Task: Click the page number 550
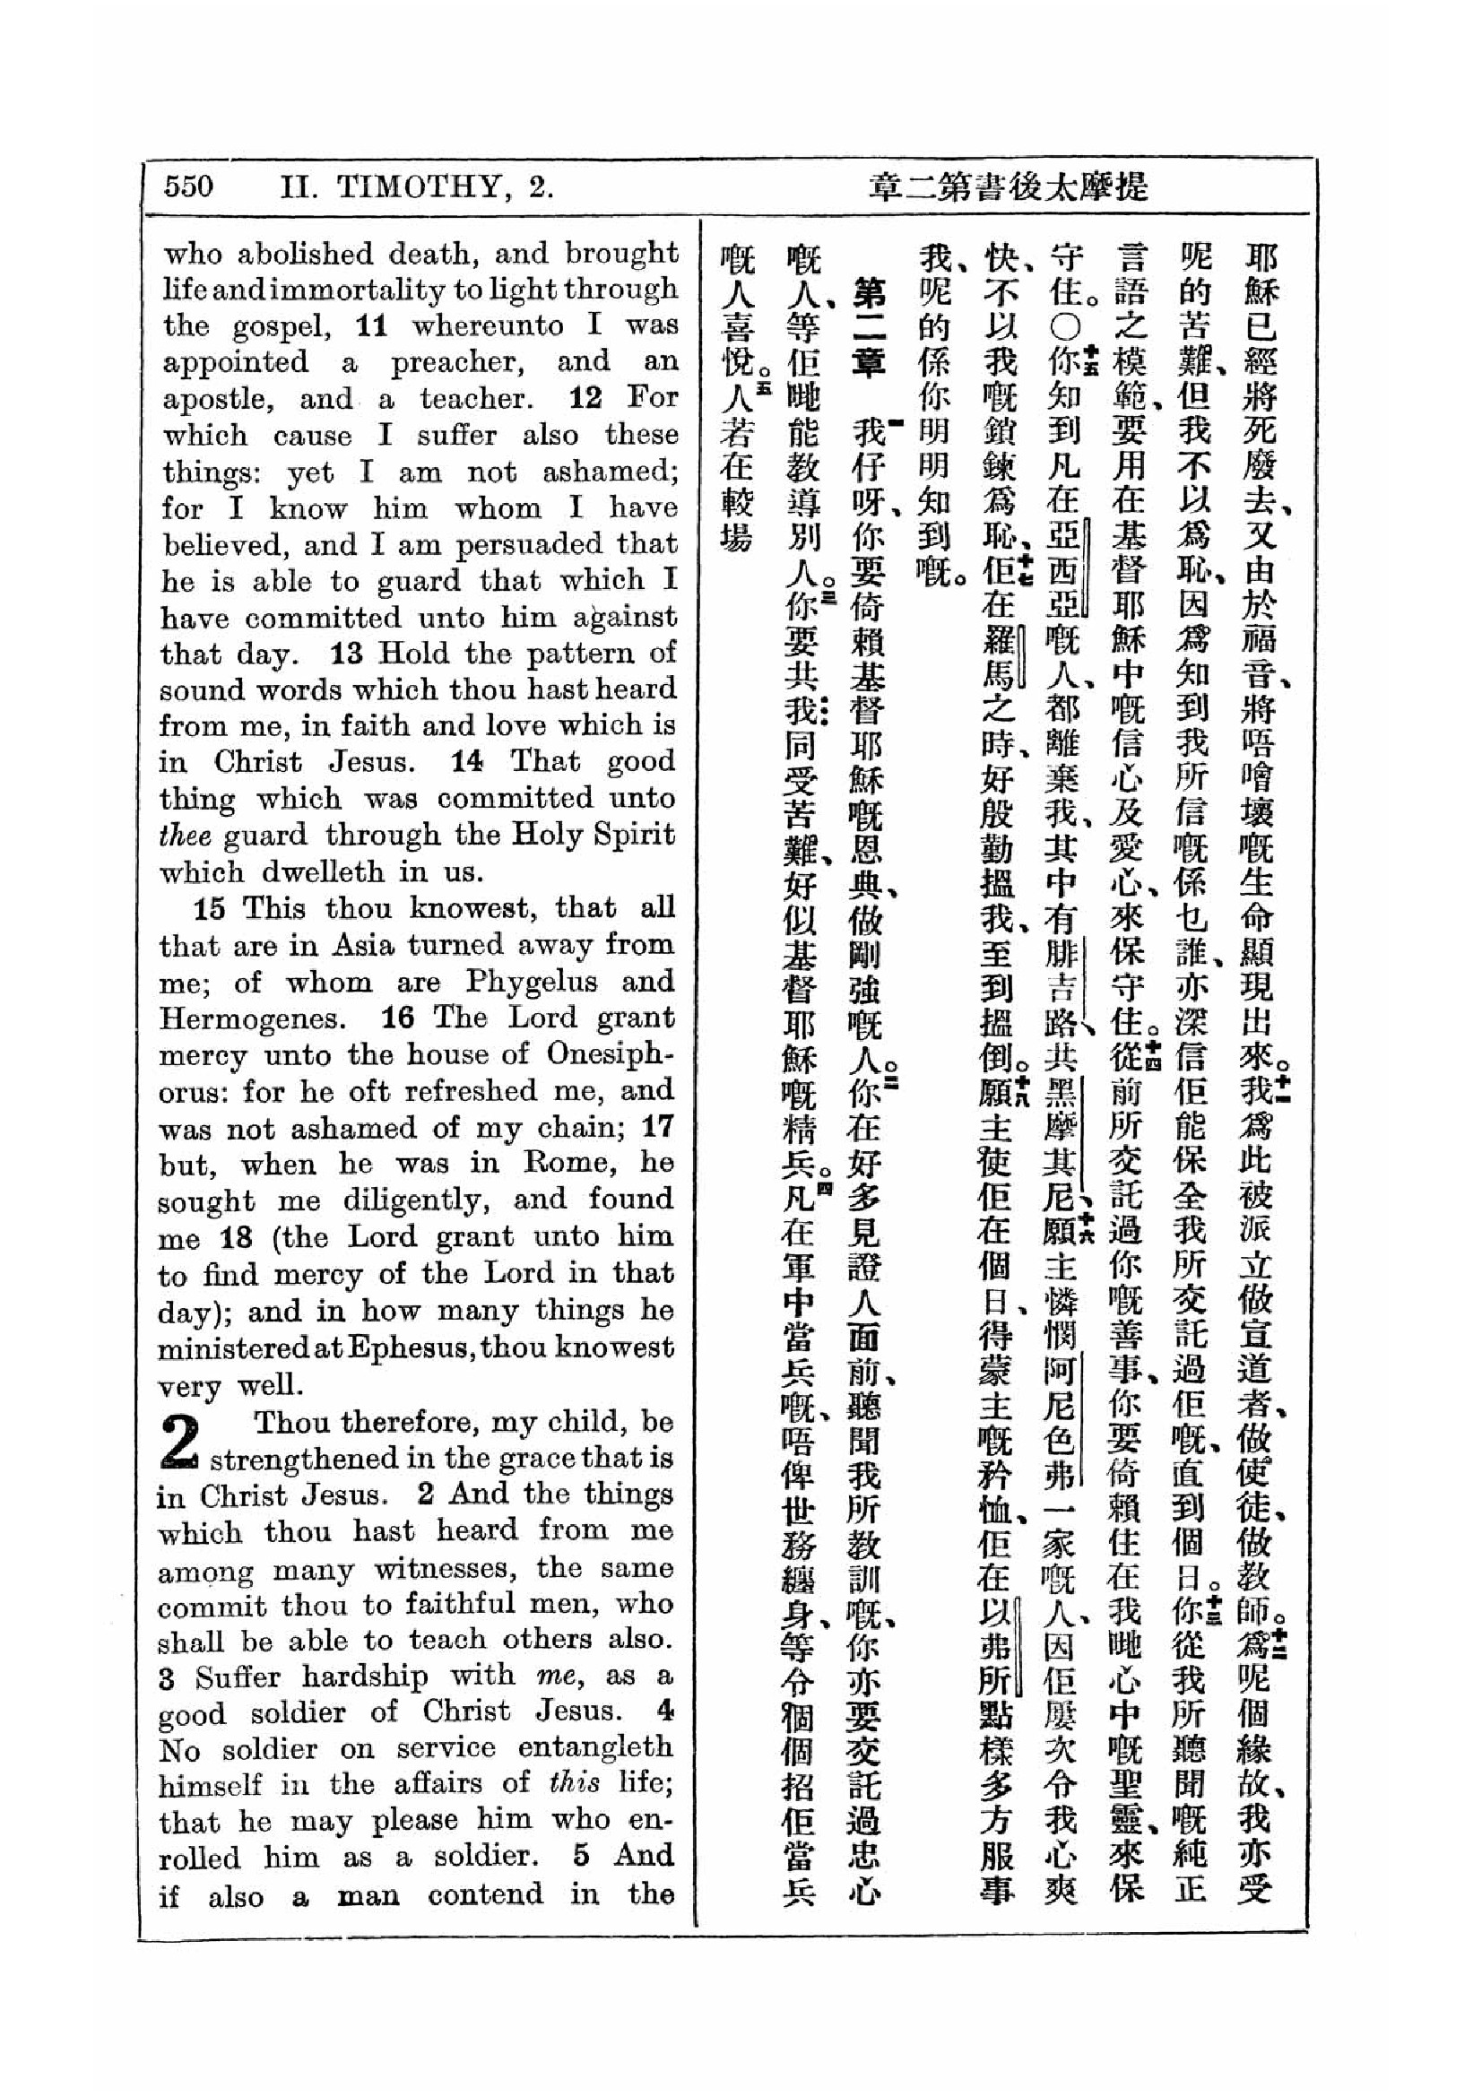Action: (x=188, y=186)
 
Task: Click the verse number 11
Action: (x=372, y=325)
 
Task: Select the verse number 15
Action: (x=209, y=909)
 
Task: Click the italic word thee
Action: (x=186, y=836)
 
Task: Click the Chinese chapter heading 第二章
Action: (x=867, y=329)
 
